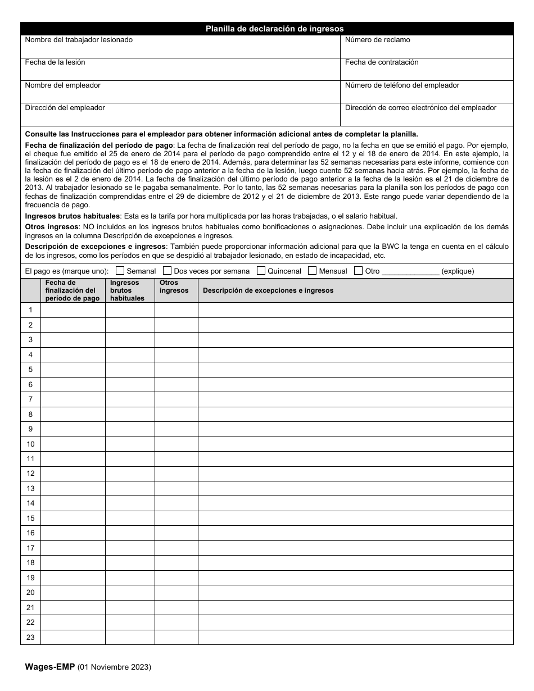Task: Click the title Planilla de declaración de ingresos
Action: coord(274,29)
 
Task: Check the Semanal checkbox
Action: coord(120,270)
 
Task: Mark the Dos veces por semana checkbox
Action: coord(168,270)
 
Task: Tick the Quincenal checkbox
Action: coord(261,270)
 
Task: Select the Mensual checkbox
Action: coord(313,270)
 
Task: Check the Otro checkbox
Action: coord(359,270)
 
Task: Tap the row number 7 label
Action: coord(30,399)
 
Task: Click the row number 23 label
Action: coord(30,637)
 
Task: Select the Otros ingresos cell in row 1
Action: coord(177,310)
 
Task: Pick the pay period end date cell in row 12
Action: coord(73,474)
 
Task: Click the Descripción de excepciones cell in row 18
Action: coord(355,563)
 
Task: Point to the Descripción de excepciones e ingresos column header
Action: coord(268,290)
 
